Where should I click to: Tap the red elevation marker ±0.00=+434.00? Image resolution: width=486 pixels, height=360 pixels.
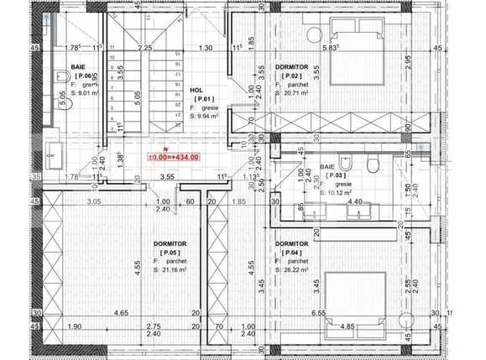tap(173, 157)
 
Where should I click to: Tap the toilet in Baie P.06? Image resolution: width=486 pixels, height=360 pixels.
tap(61, 79)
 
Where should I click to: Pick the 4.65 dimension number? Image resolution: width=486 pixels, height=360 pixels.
tap(121, 313)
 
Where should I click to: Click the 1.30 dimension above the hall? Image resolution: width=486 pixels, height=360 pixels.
tap(206, 48)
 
